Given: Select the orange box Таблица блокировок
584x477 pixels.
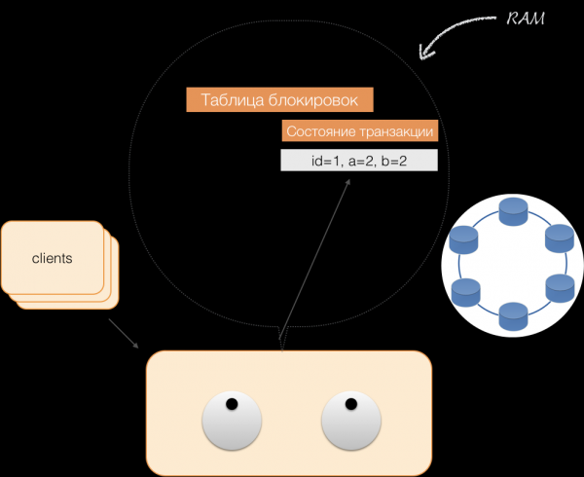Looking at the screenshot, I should (x=280, y=99).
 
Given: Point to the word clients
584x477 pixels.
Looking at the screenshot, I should (x=53, y=258).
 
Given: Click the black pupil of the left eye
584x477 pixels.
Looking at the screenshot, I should (x=232, y=404).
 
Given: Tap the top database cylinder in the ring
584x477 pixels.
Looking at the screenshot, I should (x=512, y=211).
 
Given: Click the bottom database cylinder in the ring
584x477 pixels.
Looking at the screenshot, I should (x=512, y=316).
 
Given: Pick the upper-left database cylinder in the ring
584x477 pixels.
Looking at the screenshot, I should (x=465, y=238).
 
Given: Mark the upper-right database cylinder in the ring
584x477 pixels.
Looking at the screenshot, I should (x=560, y=238).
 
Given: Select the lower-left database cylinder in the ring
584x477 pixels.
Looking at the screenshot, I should (x=465, y=290).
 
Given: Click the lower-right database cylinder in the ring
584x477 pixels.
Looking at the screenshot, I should (x=560, y=289).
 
